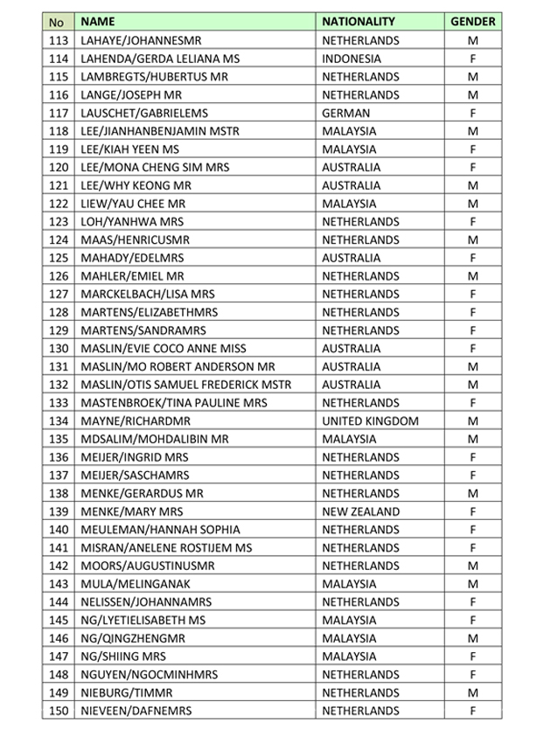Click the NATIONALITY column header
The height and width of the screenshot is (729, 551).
359,21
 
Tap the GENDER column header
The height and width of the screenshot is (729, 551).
472,21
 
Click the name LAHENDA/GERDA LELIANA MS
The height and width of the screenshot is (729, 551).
159,59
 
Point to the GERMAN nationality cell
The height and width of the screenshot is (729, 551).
345,113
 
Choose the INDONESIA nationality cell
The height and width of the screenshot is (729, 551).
352,59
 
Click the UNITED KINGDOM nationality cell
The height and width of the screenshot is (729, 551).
370,421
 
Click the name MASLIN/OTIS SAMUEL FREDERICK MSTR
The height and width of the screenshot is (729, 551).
185,385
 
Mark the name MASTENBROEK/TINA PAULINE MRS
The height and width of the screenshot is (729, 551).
172,403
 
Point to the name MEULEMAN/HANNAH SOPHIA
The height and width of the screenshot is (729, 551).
159,530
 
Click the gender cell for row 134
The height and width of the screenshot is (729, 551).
472,421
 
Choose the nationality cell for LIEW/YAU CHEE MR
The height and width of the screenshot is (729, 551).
350,204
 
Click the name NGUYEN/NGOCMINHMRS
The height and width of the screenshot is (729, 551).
148,675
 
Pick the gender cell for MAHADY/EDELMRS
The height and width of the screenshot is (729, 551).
472,258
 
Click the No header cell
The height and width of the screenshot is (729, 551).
58,21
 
